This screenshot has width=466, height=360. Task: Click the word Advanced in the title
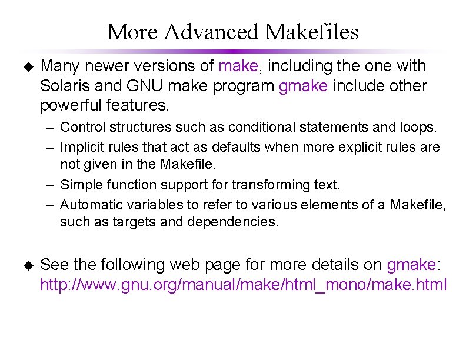pos(212,32)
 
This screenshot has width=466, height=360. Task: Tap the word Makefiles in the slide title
pos(312,32)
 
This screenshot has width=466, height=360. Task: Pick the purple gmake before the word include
pos(303,86)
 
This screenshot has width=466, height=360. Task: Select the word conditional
pos(257,127)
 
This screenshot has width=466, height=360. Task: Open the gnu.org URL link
pos(243,285)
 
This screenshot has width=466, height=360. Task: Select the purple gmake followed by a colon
pos(411,265)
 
